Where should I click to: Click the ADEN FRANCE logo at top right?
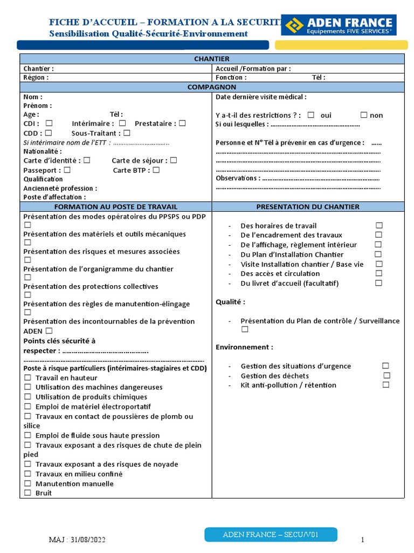[x=340, y=25]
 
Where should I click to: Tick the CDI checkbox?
[x=49, y=123]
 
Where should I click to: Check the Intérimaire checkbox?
[x=122, y=123]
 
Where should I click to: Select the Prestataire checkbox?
[x=182, y=123]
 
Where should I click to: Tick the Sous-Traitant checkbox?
[x=127, y=133]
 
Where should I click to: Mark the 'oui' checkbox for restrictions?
[x=311, y=115]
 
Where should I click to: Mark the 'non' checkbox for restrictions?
[x=364, y=115]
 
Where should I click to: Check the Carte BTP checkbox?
[x=156, y=170]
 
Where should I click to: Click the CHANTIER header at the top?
[x=211, y=59]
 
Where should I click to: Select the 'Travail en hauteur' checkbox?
[x=27, y=377]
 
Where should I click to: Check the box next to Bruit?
[x=27, y=493]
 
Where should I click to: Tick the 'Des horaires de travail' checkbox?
[x=379, y=225]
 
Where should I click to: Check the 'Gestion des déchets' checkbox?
[x=387, y=375]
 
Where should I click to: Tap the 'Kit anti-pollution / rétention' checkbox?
[x=386, y=385]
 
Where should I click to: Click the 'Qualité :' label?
[x=230, y=302]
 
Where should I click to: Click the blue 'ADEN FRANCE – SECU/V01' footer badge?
[x=271, y=535]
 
